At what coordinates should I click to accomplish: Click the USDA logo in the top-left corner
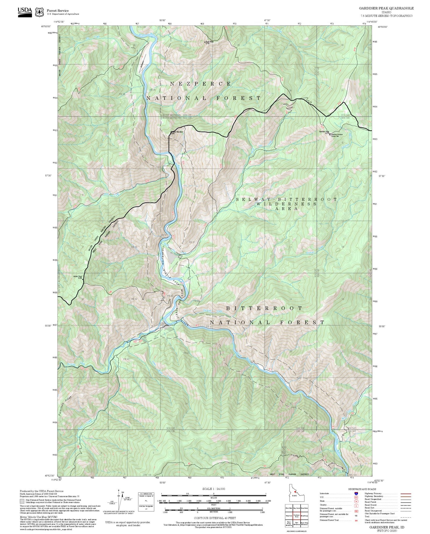(25, 11)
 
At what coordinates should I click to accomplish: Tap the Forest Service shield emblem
(39, 12)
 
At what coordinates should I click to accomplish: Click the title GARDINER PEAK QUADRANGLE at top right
(386, 8)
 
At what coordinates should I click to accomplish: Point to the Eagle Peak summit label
(209, 42)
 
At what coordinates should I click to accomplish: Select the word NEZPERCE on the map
(200, 84)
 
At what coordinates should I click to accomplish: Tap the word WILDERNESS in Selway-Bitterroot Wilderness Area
(286, 204)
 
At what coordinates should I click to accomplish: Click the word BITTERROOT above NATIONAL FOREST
(264, 308)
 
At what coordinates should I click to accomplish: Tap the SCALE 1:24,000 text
(213, 489)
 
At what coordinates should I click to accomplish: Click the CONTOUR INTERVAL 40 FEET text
(213, 518)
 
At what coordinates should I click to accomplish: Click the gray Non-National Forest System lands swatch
(22, 501)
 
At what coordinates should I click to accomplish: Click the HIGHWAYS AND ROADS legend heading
(362, 489)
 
